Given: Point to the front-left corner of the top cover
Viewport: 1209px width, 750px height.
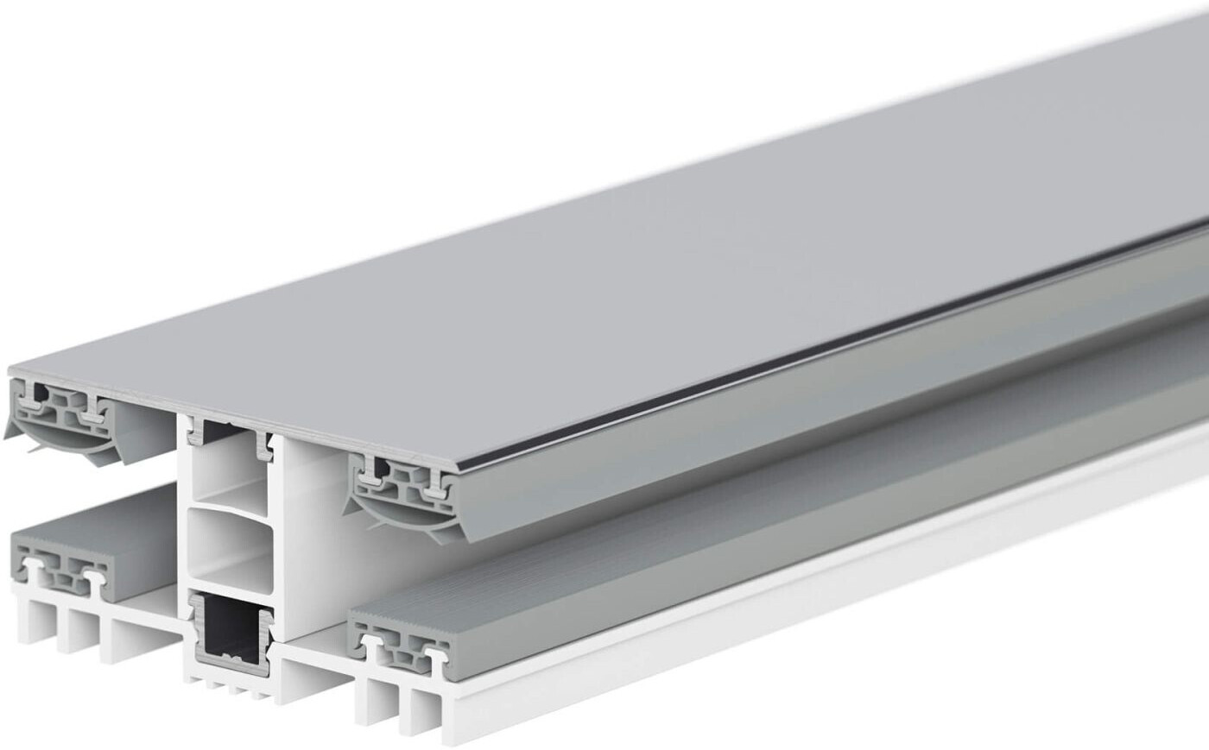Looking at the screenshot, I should pos(12,372).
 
